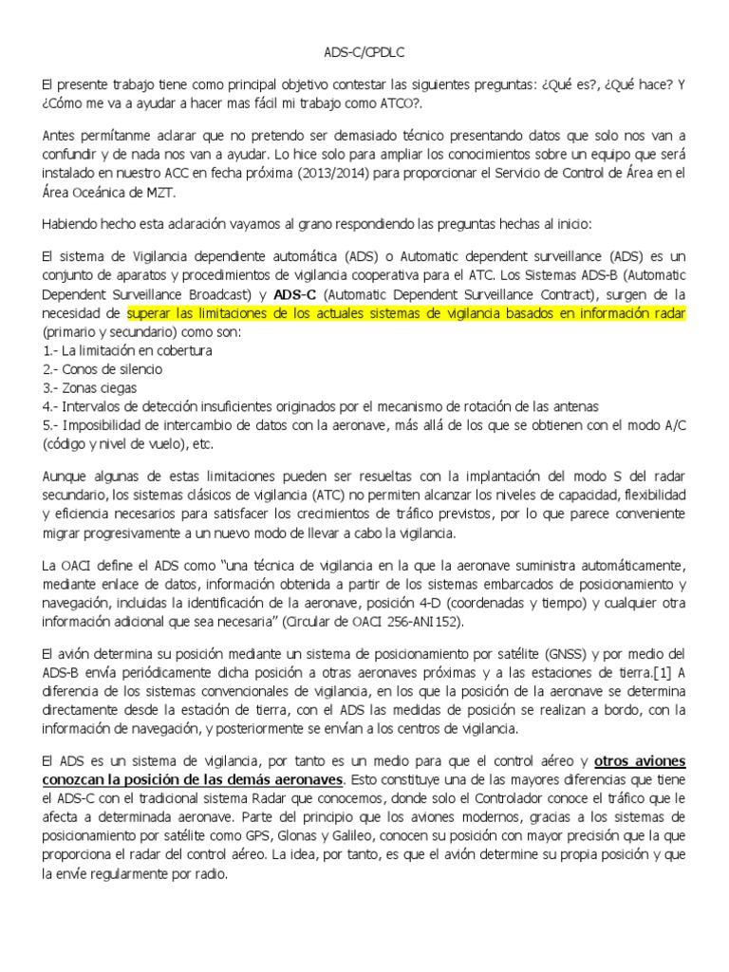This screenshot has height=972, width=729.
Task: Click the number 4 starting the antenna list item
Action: [47, 406]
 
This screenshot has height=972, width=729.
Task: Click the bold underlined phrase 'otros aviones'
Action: [640, 761]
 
